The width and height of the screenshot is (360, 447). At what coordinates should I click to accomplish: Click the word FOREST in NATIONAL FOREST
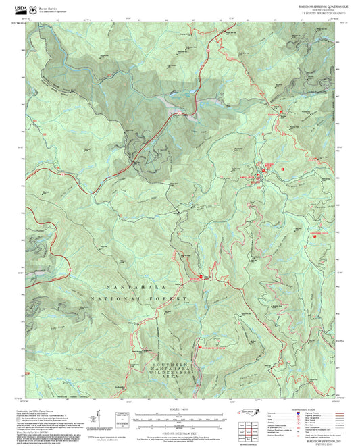pos(171,298)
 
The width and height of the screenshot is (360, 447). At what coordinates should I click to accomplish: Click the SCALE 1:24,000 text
pos(180,409)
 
